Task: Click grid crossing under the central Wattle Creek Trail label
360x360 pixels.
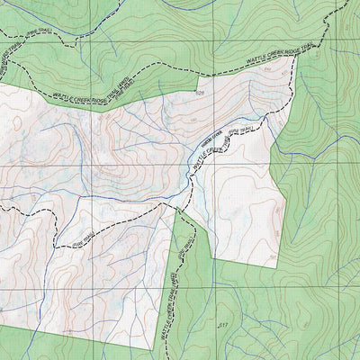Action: click(x=214, y=166)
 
